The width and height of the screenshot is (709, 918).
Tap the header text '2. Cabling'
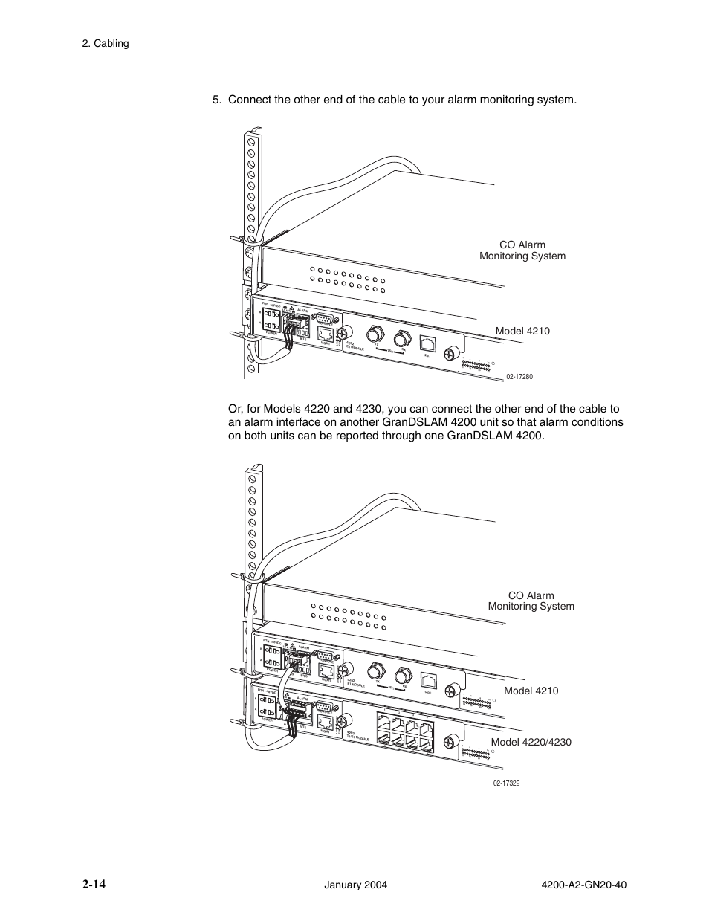[x=106, y=44]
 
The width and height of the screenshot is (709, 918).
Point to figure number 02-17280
[x=519, y=377]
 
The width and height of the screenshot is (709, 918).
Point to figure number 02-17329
[x=505, y=783]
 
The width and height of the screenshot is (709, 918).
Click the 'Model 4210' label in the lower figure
[x=531, y=691]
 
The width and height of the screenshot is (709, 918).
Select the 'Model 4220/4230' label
[x=531, y=742]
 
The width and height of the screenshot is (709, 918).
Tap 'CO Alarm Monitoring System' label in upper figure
[x=522, y=250]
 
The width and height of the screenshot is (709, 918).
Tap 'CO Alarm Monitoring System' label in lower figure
[x=531, y=601]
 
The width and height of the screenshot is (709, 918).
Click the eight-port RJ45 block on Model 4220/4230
[x=404, y=728]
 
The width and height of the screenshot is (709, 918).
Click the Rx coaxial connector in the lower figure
[x=403, y=676]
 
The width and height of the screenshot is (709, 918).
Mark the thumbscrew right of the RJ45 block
[x=450, y=742]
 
